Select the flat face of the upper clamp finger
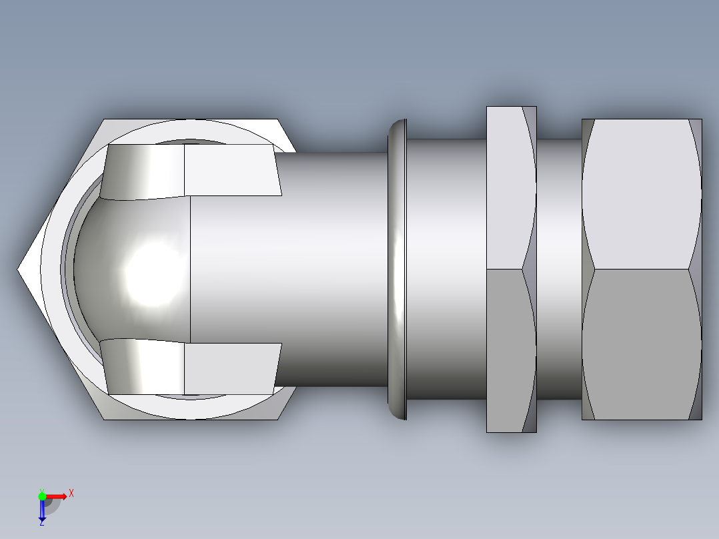coord(230,171)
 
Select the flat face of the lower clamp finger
coord(230,368)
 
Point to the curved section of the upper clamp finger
coord(143,172)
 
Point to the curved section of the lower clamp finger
coord(143,367)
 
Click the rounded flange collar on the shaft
coord(398,269)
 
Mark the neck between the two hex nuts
coord(559,269)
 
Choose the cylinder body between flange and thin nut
coord(446,269)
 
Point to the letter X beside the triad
coord(71,493)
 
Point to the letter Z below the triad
coord(41,523)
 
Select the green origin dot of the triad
coord(42,496)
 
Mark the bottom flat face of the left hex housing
coord(193,410)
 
